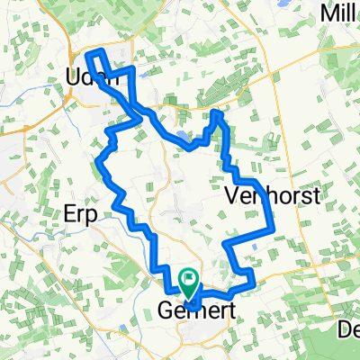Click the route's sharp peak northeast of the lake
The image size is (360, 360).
[x=216, y=112]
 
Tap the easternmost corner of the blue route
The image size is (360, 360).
[x=272, y=216]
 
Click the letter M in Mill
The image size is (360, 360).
[x=327, y=13]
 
